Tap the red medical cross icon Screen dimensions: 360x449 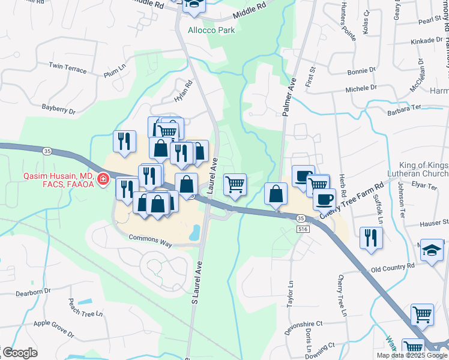point(103,178)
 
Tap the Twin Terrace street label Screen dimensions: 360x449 point(68,68)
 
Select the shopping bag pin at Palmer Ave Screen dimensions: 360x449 point(276,194)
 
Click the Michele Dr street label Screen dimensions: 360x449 point(361,87)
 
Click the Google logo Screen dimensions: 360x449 point(19,353)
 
